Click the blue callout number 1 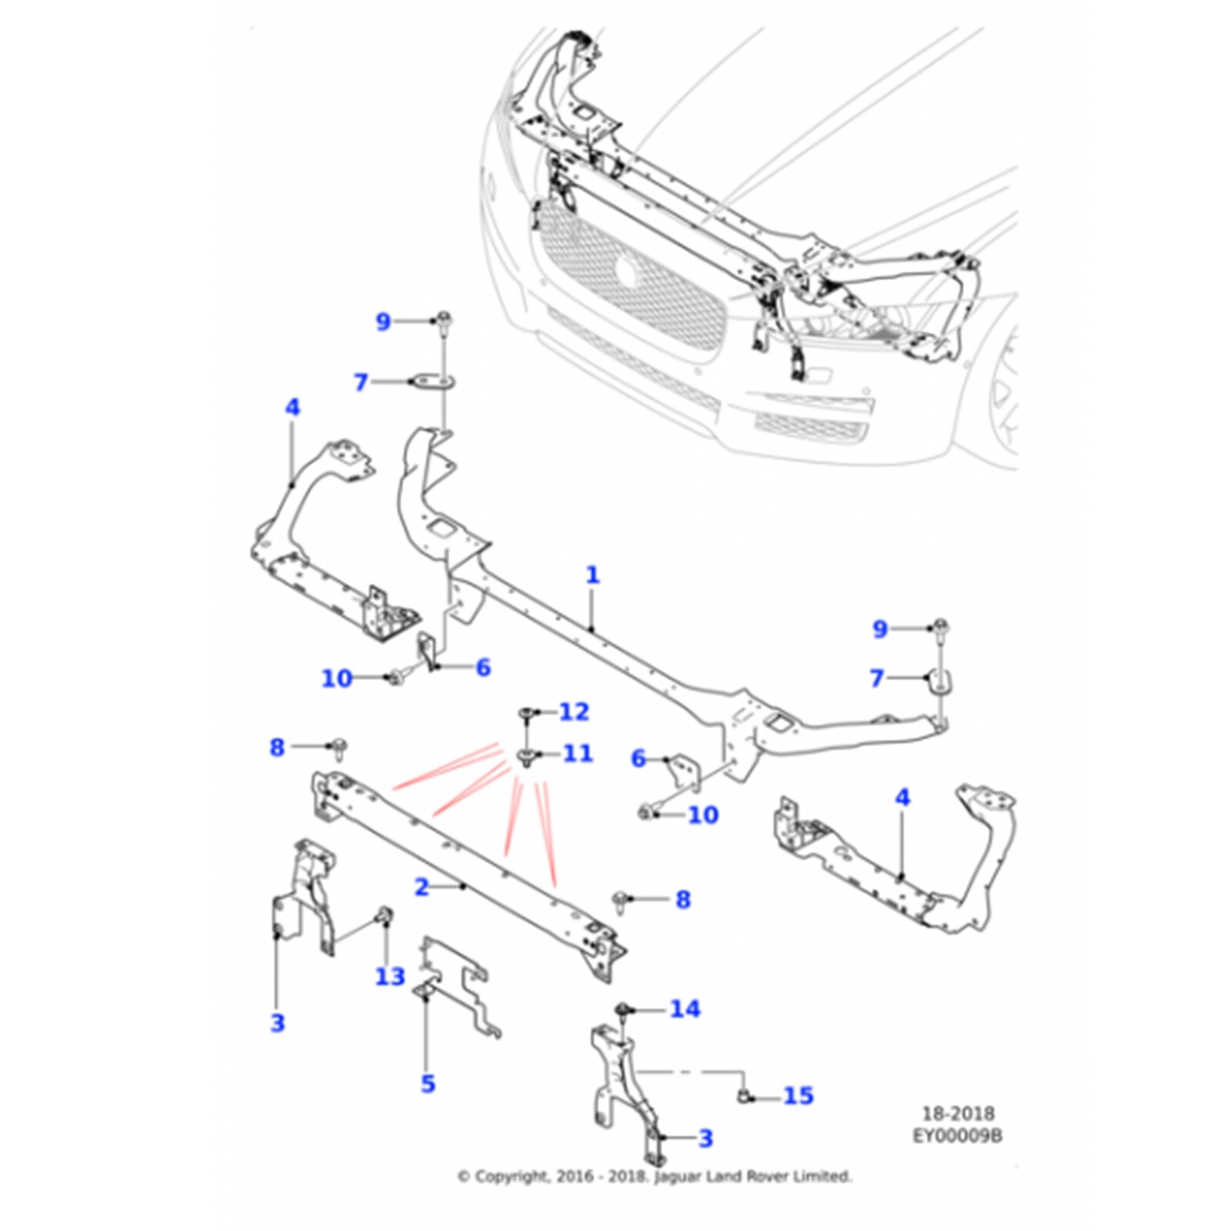click(x=592, y=575)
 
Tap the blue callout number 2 click(x=421, y=887)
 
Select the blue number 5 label click(x=428, y=1083)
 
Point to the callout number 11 click(x=577, y=752)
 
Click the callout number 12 click(x=574, y=712)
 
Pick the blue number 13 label click(x=390, y=976)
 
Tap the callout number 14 click(x=685, y=1009)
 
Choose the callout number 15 click(x=798, y=1095)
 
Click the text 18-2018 click(x=958, y=1113)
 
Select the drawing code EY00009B click(x=957, y=1135)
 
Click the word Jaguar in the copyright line click(x=678, y=1176)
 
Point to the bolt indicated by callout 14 click(x=622, y=1009)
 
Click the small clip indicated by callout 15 click(x=744, y=1095)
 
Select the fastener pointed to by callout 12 click(x=527, y=713)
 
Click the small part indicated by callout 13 click(x=382, y=915)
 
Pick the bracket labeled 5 click(x=454, y=985)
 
